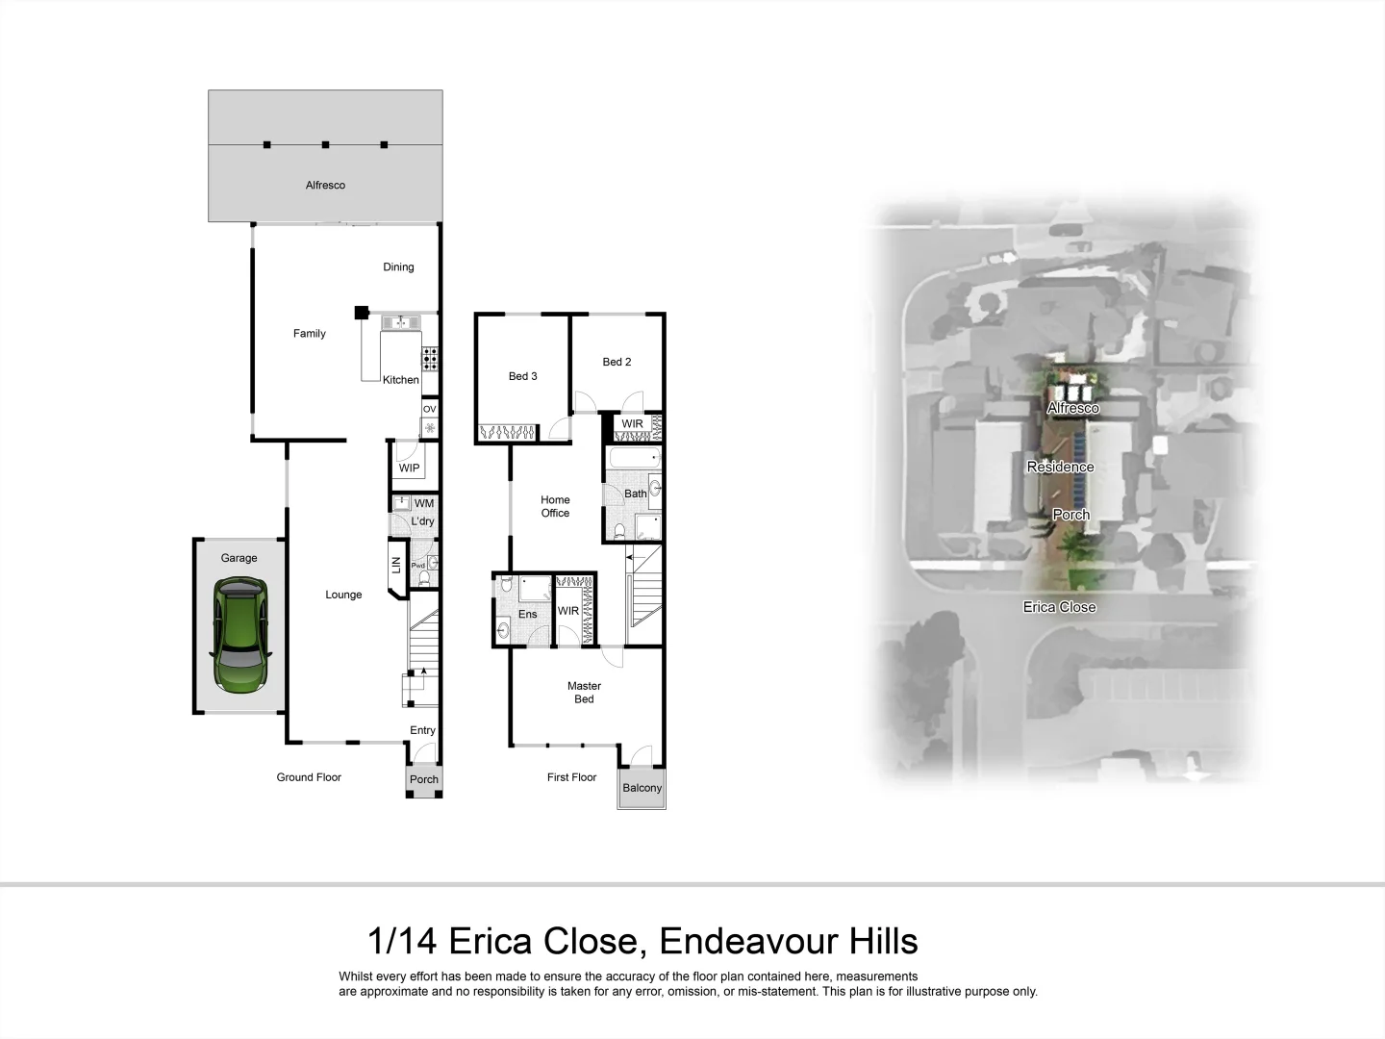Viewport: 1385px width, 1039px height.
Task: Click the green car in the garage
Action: point(240,635)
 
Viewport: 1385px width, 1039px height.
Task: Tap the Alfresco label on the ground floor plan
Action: point(325,185)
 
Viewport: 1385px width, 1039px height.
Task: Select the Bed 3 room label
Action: point(522,376)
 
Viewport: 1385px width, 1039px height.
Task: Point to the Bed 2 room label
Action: point(617,362)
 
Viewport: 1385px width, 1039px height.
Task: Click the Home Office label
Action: point(555,506)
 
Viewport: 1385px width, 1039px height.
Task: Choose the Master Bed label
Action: point(584,693)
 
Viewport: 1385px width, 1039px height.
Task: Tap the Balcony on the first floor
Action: point(642,788)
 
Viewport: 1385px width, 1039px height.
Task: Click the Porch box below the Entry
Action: point(423,779)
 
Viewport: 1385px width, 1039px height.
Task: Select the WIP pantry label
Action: point(409,469)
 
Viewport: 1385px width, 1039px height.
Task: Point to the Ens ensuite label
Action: point(528,614)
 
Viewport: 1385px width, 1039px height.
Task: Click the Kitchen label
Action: point(401,380)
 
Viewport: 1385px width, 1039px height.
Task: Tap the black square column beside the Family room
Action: point(361,312)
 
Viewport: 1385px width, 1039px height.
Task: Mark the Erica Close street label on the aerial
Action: point(1059,607)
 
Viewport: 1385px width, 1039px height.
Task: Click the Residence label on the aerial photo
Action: point(1060,467)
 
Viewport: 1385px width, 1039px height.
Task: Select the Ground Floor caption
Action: point(309,777)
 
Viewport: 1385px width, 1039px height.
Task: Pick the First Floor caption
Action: point(571,777)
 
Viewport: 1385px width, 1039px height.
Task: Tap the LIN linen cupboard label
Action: point(396,566)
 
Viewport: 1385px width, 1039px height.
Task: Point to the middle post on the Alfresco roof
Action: point(325,145)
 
